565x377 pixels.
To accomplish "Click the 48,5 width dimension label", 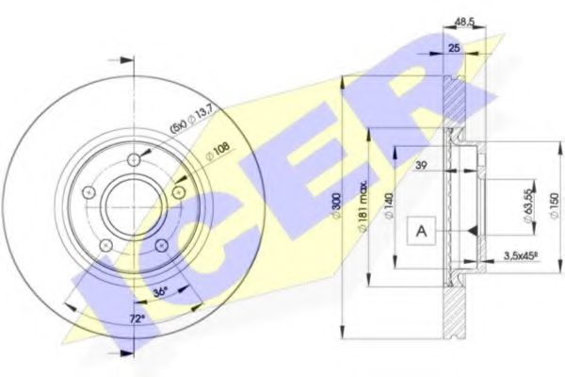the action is [464, 22].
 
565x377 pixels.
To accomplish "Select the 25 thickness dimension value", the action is [455, 47].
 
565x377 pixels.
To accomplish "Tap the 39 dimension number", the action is [422, 165].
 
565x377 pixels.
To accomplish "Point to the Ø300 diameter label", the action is [336, 205].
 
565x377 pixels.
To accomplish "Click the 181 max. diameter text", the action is [363, 205].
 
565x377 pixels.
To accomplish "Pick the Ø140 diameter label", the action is [389, 205].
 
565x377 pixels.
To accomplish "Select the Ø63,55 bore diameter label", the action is [528, 206].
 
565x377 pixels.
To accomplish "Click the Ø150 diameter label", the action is [555, 205].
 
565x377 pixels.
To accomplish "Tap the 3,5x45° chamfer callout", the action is [521, 256].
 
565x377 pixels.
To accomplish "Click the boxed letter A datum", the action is [421, 231].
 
